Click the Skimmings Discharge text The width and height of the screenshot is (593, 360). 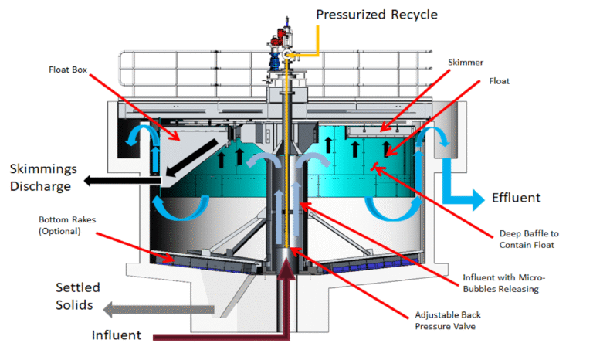click(42, 178)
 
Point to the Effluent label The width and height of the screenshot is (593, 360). click(516, 198)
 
